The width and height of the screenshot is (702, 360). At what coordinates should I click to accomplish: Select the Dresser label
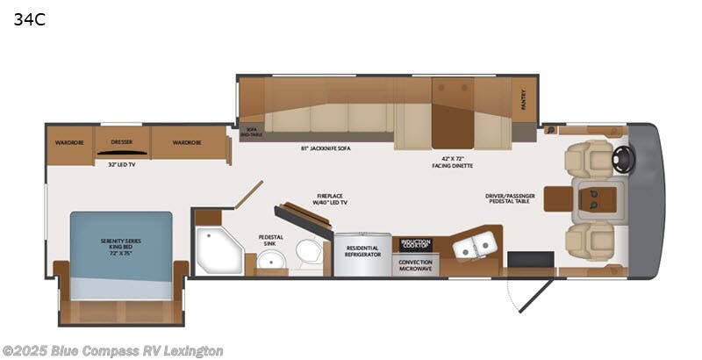(x=121, y=141)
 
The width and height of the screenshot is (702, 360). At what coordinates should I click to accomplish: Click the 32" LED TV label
(x=121, y=164)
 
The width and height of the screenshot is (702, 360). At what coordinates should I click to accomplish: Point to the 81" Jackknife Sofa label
(x=319, y=148)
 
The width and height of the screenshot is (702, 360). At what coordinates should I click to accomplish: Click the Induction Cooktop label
(x=415, y=243)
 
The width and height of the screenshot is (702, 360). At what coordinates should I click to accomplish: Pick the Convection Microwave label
(x=415, y=264)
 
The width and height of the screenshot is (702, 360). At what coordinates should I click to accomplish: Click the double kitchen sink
(x=470, y=247)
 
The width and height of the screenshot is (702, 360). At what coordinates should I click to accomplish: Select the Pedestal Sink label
(x=270, y=240)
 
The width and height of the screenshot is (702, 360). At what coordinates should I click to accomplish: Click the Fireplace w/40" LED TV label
(x=332, y=199)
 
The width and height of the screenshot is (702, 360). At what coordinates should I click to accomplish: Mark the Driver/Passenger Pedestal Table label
(x=514, y=199)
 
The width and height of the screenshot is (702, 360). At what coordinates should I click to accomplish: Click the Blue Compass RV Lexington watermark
(x=111, y=350)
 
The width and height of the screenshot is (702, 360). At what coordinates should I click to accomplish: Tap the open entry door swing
(x=530, y=294)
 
